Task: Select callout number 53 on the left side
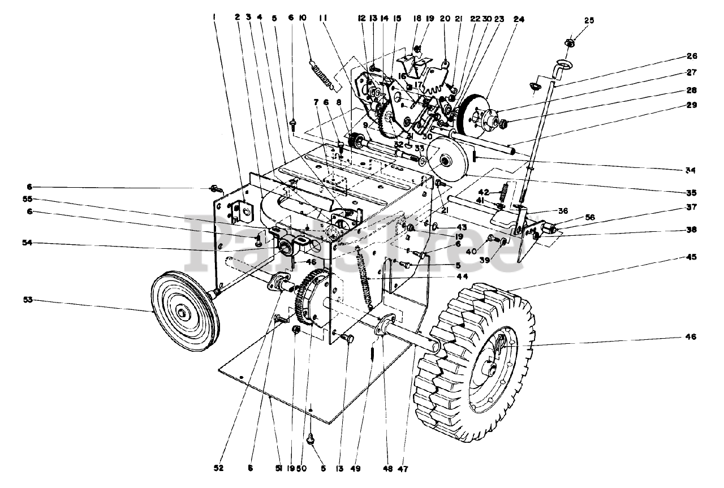(x=27, y=300)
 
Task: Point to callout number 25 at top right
(x=589, y=20)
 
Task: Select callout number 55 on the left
(x=27, y=200)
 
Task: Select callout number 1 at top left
(x=214, y=16)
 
